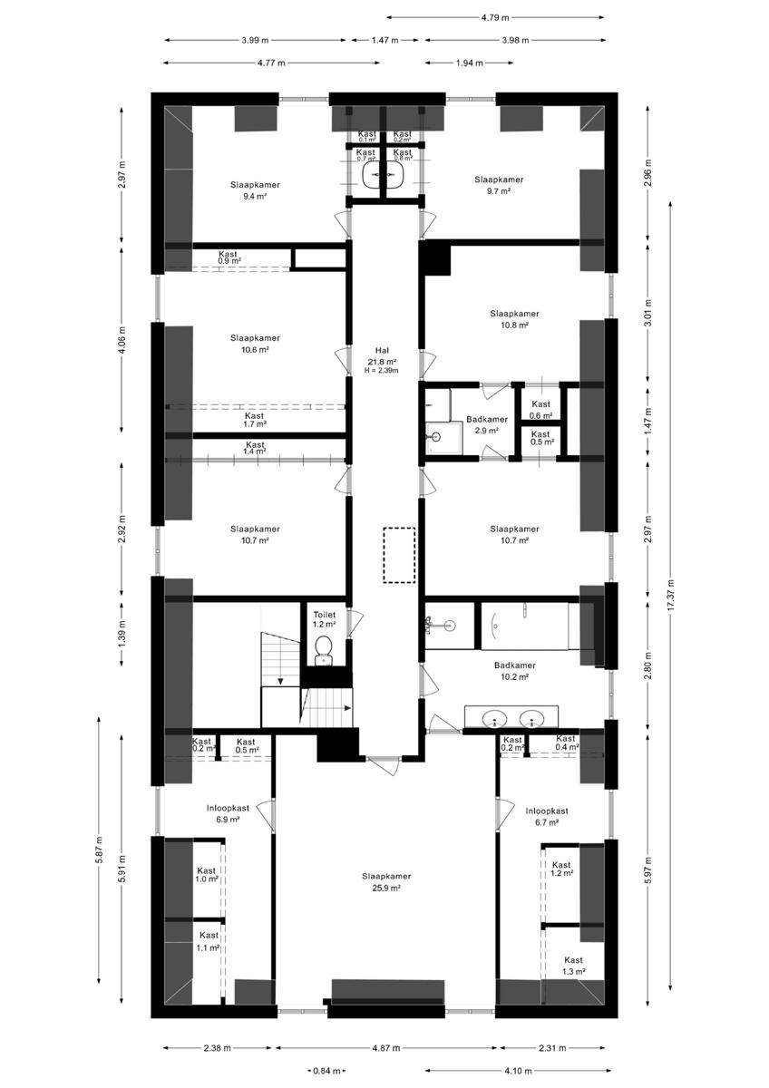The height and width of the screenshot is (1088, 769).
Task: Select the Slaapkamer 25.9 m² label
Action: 386,882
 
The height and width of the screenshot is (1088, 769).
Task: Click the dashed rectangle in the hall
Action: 398,554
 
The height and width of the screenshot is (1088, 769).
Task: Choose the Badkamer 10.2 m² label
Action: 515,670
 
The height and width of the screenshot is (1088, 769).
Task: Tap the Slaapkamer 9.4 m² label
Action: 255,189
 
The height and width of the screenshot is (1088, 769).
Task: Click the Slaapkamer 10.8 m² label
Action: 514,318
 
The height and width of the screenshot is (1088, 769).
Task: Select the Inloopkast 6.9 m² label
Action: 228,812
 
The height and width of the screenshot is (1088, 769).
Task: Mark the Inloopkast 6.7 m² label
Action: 546,817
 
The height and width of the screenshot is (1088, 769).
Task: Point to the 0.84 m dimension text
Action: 326,1071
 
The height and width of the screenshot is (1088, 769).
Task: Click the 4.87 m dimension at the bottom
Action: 385,1048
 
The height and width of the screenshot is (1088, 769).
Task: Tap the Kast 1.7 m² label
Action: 255,420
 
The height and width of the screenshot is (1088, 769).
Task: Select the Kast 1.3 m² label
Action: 573,965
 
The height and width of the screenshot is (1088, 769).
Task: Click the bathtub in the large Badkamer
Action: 527,625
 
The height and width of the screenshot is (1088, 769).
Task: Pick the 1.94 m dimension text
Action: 468,63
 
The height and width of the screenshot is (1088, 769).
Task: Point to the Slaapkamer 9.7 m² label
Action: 499,185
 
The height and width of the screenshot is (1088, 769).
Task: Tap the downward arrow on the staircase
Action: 281,679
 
